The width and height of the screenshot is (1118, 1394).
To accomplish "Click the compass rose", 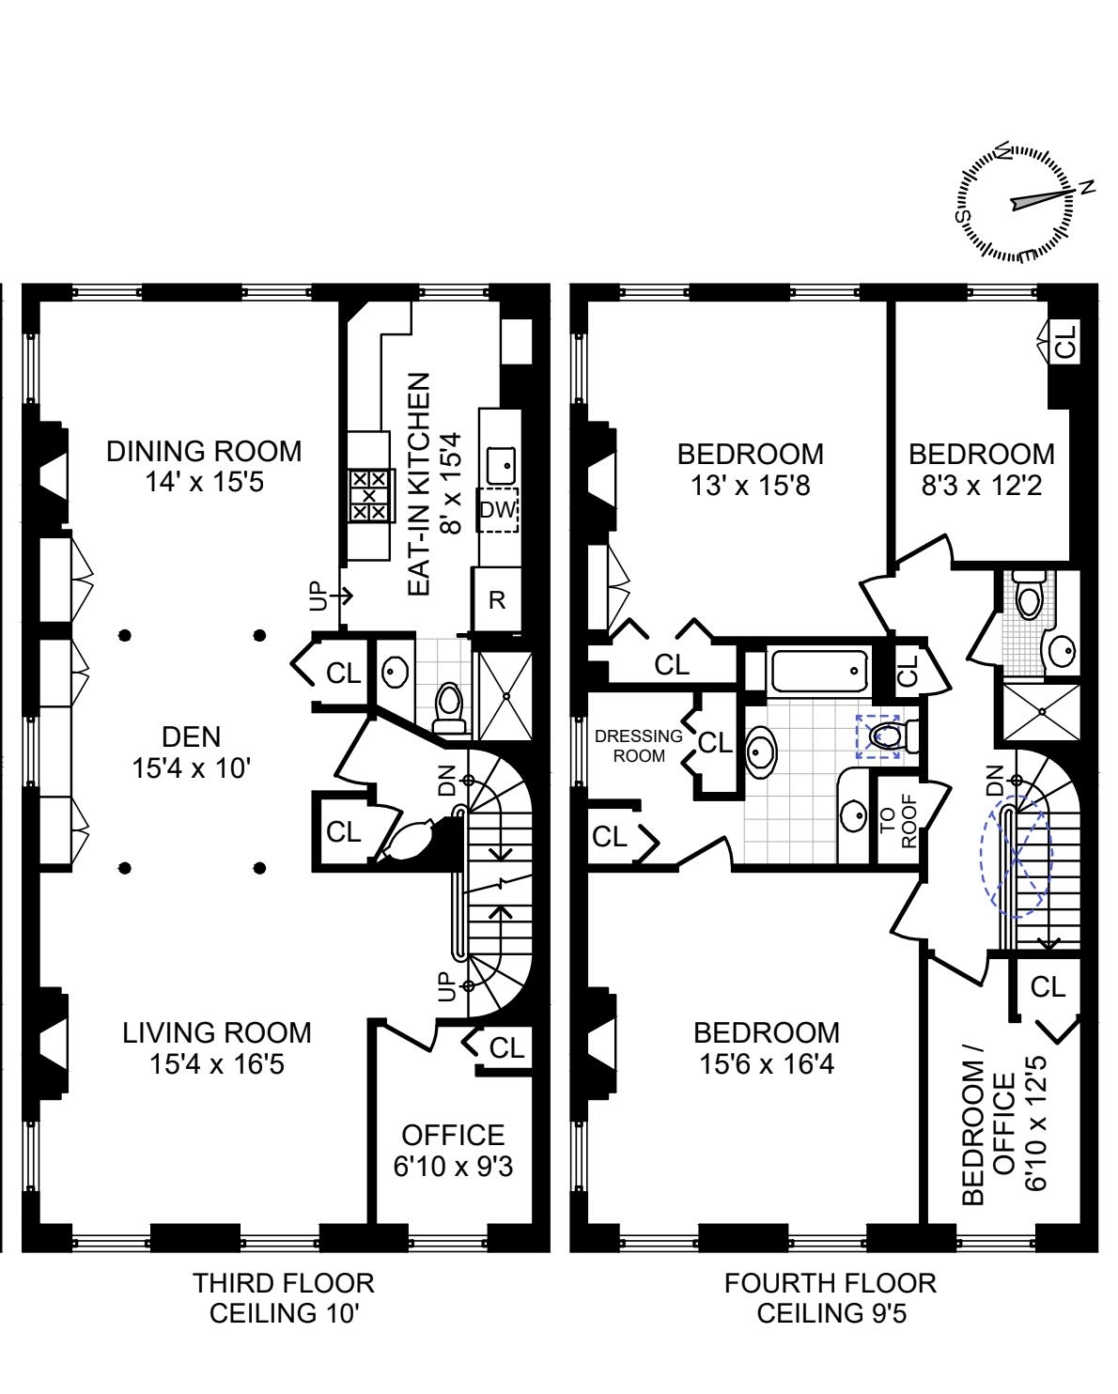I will [x=1015, y=202].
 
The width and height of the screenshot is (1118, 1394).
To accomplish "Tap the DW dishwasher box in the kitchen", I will [x=497, y=510].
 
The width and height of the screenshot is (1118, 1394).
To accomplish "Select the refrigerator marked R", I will [x=497, y=600].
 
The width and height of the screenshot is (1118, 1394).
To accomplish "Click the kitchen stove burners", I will [x=368, y=495].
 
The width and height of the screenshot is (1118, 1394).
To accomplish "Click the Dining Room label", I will [x=204, y=451].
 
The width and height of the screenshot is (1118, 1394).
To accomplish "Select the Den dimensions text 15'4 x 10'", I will [x=191, y=768].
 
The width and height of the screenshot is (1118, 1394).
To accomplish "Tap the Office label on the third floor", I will [x=453, y=1135].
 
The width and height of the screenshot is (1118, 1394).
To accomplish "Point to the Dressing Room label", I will [x=638, y=746].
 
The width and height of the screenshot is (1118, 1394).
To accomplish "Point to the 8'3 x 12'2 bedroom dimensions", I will [x=981, y=485].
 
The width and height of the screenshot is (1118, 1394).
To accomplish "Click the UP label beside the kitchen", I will [x=320, y=596].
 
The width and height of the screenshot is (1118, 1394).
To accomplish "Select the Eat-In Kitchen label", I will [x=419, y=484].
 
